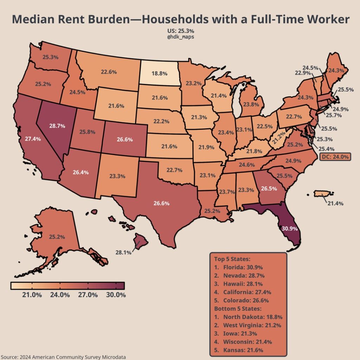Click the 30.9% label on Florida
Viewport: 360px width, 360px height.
[x=290, y=229]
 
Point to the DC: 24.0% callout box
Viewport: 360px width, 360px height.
[x=335, y=157]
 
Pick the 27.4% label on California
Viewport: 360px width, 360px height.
[x=33, y=139]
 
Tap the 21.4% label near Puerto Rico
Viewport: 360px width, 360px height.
[x=335, y=203]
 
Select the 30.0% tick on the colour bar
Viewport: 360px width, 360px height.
[x=116, y=295]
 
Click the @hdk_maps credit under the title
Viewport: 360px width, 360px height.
[x=180, y=37]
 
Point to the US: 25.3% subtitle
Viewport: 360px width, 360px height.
[x=180, y=31]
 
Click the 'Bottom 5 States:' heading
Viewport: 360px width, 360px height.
[x=238, y=309]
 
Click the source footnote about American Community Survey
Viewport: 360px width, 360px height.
[x=63, y=357]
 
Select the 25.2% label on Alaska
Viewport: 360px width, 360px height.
[x=57, y=237]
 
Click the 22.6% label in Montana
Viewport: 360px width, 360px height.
[x=109, y=72]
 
